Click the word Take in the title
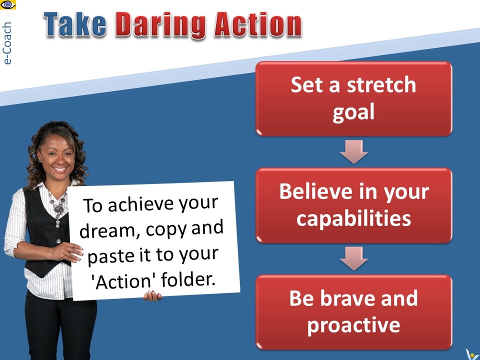pyautogui.click(x=75, y=24)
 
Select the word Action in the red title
pyautogui.click(x=258, y=24)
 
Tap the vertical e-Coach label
pyautogui.click(x=6, y=43)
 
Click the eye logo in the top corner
pyautogui.click(x=8, y=4)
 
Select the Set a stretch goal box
pyautogui.click(x=354, y=98)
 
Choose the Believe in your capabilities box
pyautogui.click(x=354, y=205)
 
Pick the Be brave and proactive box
pyautogui.click(x=354, y=312)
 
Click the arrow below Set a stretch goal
pyautogui.click(x=354, y=152)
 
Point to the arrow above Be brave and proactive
pyautogui.click(x=354, y=258)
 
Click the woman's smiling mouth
pyautogui.click(x=60, y=169)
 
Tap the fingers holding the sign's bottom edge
pyautogui.click(x=152, y=295)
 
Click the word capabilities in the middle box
pyautogui.click(x=354, y=219)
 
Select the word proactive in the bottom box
pyautogui.click(x=354, y=325)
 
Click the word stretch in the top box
pyautogui.click(x=381, y=84)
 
